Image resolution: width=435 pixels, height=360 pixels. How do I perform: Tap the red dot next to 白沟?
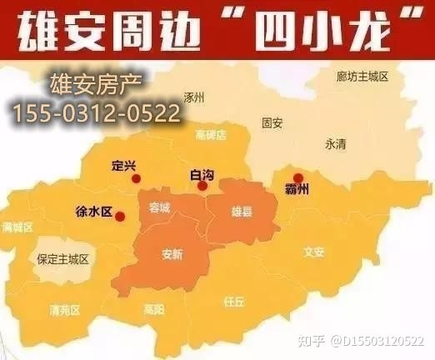tap(202, 186)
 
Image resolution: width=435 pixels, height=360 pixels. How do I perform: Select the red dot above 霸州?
tap(298, 177)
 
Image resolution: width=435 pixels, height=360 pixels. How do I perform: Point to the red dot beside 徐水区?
tap(120, 217)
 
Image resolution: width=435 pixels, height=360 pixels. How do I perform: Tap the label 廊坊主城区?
tap(363, 77)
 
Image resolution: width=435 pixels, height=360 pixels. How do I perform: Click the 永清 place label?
tap(336, 144)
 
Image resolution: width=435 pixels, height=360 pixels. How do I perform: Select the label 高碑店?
tap(211, 135)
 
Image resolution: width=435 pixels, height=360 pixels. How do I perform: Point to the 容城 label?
tap(158, 207)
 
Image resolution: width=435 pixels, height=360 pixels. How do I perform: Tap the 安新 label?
tap(172, 255)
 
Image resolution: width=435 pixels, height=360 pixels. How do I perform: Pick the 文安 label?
tap(313, 252)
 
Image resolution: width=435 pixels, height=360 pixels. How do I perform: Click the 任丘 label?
tap(232, 301)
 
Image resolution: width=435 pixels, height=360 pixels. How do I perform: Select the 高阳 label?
tap(153, 309)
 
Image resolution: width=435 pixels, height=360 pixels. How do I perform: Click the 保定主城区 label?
tap(62, 260)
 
